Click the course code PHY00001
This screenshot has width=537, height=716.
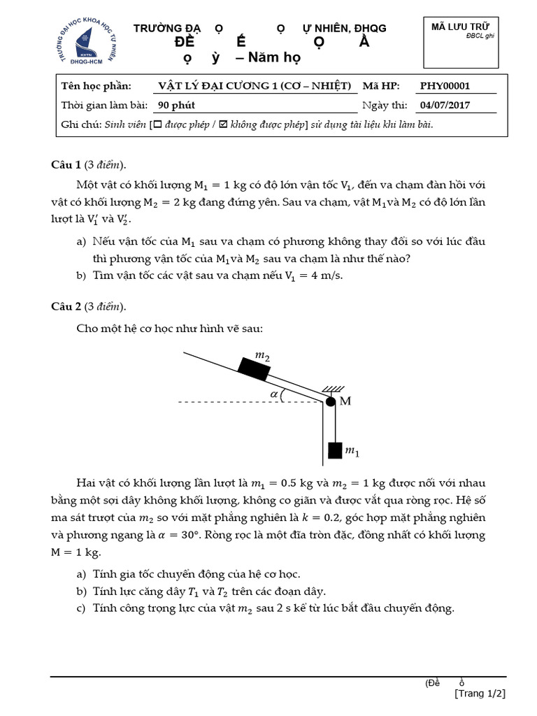tap(445, 87)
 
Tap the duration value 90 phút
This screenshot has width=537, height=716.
tap(176, 106)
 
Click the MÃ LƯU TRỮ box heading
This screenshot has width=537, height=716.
tap(459, 27)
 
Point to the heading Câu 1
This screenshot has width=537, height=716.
tap(67, 165)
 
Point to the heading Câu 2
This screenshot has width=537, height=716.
tap(67, 306)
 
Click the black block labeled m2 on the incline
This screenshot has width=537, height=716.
tap(255, 368)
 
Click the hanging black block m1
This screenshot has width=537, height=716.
tap(336, 450)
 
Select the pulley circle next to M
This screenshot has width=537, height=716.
tap(331, 401)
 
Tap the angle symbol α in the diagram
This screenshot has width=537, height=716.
tap(273, 394)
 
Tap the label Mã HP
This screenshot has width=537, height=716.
tap(381, 87)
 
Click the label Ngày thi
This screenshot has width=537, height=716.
tap(385, 106)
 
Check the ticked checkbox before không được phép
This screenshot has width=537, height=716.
tap(224, 124)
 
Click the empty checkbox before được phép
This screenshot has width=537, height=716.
tap(157, 124)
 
